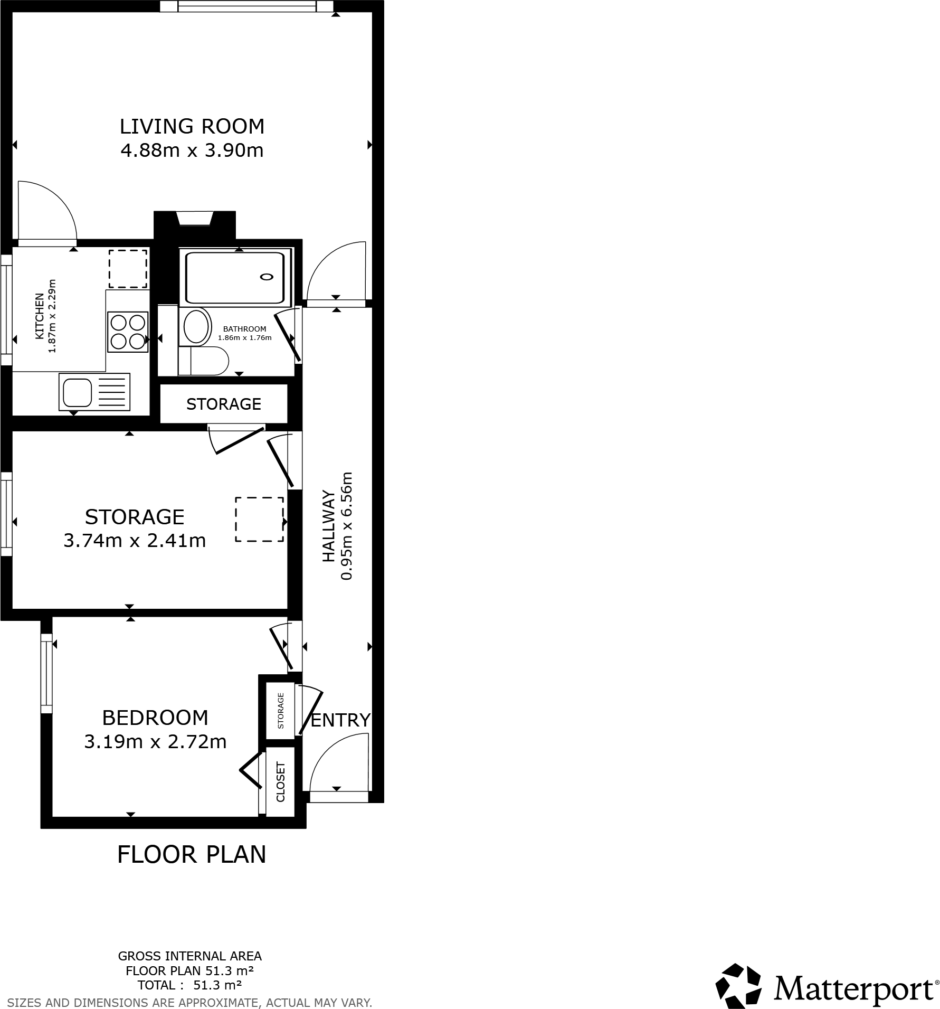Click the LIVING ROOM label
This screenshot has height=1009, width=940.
tap(192, 127)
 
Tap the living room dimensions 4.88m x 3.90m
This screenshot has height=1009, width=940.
tap(192, 151)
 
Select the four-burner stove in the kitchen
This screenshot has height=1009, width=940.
tap(127, 332)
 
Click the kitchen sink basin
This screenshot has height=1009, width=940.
tap(78, 392)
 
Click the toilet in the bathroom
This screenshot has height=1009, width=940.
tap(204, 361)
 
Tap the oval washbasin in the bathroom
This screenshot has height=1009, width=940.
tap(196, 326)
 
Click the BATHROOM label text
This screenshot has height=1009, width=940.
tap(244, 329)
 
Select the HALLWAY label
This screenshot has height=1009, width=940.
tap(329, 526)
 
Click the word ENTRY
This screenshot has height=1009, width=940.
tap(340, 720)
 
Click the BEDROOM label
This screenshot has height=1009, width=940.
tap(155, 718)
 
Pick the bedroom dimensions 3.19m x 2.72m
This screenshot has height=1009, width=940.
tap(155, 742)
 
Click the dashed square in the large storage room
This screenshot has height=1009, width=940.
tap(259, 519)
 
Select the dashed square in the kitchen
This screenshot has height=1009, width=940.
tap(128, 269)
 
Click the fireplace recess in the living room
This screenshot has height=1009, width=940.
tap(195, 219)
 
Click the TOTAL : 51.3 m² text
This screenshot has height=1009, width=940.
tap(189, 985)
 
